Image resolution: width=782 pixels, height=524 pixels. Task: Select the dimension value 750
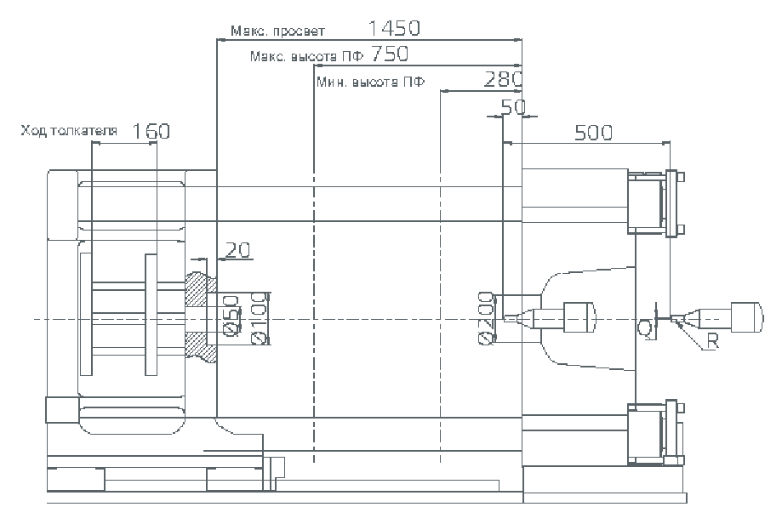point(390,54)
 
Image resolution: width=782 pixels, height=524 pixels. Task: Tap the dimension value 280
point(503,80)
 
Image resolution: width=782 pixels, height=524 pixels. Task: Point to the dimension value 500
point(594,132)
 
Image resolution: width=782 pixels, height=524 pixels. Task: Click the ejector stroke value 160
point(152,131)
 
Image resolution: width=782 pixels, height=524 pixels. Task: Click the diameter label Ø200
point(486,318)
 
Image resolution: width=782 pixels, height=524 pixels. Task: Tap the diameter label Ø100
point(260,318)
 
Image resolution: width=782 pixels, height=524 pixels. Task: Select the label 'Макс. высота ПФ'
point(307,57)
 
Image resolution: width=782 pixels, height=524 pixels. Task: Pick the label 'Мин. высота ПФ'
point(370,83)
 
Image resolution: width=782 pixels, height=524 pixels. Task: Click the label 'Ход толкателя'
point(69,131)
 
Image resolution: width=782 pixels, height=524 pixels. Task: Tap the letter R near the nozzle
point(713,343)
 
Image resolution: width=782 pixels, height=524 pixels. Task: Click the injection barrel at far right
point(745,317)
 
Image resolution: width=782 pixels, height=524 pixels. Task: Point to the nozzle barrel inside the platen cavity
point(578,318)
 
